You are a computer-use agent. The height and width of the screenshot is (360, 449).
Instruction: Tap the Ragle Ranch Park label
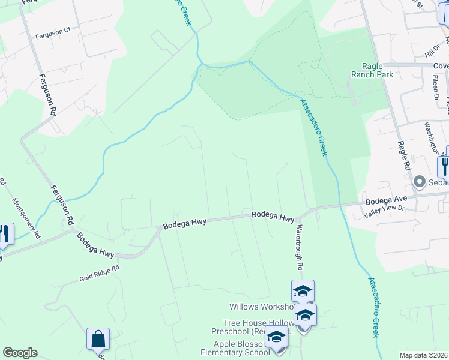(373, 70)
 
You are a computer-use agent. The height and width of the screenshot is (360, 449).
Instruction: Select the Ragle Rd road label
(403, 155)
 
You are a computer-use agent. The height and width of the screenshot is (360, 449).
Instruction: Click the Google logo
(20, 353)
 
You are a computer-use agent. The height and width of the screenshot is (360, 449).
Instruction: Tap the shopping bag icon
(98, 340)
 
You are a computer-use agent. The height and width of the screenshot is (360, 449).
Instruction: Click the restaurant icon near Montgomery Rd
(5, 234)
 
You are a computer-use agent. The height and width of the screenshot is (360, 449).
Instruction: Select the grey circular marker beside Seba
(420, 181)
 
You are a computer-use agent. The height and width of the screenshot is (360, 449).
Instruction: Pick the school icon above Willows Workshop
(303, 292)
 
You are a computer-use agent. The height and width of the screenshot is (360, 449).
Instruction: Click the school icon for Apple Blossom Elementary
(276, 337)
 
